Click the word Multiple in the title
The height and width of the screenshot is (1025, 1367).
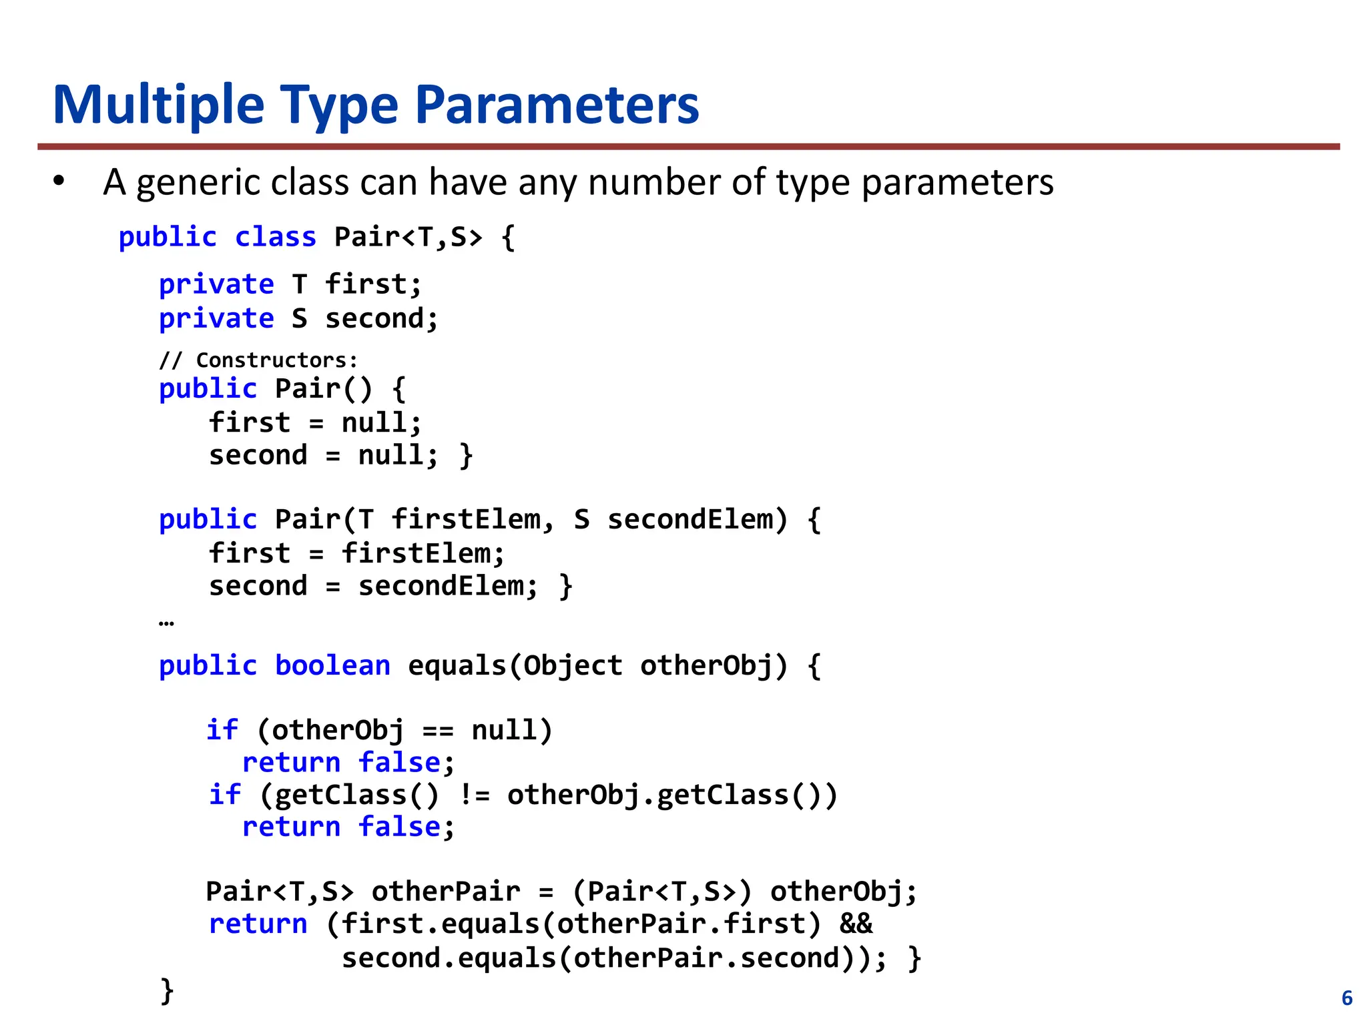(x=159, y=105)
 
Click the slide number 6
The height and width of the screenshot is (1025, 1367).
(x=1347, y=998)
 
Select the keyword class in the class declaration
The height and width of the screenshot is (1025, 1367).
(x=275, y=238)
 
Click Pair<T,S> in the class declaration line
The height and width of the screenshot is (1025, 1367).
(x=408, y=238)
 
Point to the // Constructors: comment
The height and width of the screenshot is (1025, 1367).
(x=258, y=360)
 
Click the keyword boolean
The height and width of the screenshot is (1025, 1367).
(x=332, y=666)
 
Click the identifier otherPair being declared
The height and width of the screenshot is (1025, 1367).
(x=445, y=892)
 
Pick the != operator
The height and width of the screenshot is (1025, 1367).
(x=475, y=795)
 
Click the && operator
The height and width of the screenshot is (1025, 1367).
(x=856, y=924)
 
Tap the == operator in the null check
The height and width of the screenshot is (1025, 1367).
(x=438, y=731)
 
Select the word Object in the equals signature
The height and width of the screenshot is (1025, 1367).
(x=573, y=666)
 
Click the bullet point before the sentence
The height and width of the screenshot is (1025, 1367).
(x=59, y=182)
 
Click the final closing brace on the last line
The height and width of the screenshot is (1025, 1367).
(x=167, y=990)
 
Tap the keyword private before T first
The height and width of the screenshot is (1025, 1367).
(x=216, y=285)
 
